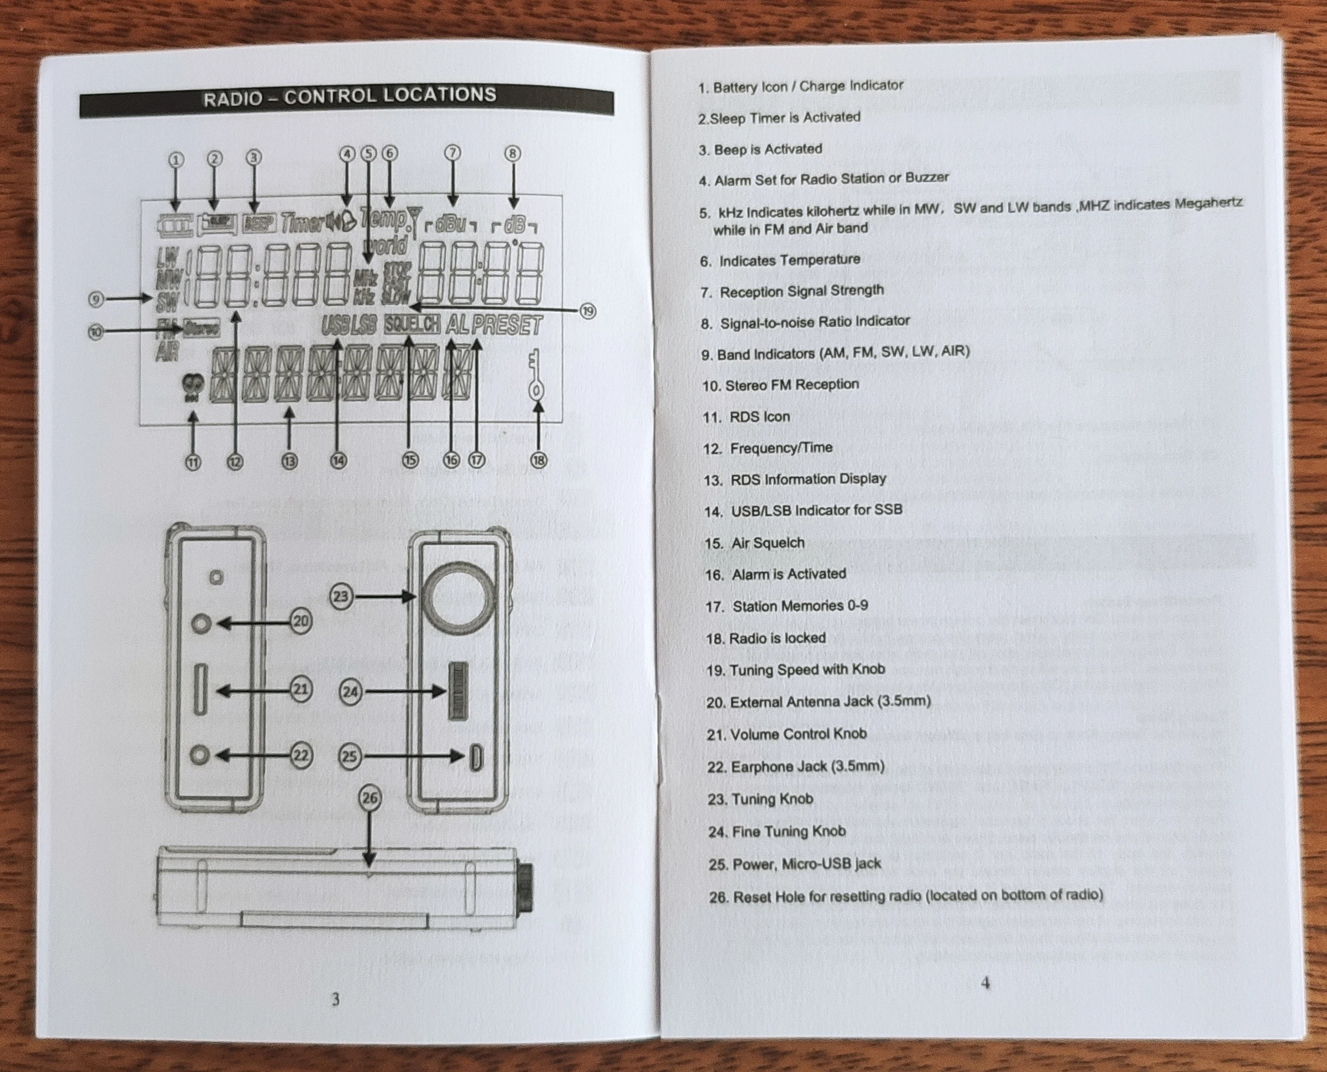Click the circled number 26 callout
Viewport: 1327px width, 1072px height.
coord(370,798)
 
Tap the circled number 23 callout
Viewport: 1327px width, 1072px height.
coord(342,596)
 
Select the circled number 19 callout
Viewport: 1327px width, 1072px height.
coord(588,311)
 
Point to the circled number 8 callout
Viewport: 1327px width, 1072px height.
coord(513,153)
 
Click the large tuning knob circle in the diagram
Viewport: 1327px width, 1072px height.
coord(459,598)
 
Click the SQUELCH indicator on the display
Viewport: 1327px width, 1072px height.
coord(412,324)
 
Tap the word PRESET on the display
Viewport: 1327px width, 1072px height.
coord(507,326)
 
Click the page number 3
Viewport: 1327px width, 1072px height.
coord(335,999)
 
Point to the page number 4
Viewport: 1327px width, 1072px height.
coord(985,983)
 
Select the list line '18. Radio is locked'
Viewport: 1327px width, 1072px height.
coord(766,638)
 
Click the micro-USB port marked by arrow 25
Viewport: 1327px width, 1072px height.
coord(476,758)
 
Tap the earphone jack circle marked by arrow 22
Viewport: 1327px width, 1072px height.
coord(199,754)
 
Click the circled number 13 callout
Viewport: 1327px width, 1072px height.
coord(289,460)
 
